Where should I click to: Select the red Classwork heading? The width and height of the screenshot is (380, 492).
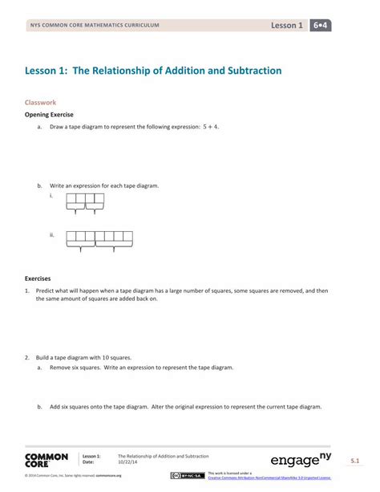tap(41, 103)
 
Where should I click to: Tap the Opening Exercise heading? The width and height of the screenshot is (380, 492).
tap(52, 115)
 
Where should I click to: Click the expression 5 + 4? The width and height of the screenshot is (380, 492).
tap(211, 127)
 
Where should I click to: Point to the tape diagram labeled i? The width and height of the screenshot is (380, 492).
tap(85, 201)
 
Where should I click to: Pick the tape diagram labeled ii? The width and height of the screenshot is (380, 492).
tap(99, 239)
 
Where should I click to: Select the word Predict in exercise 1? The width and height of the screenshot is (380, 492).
tap(46, 291)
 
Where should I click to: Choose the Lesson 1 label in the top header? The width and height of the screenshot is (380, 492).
tap(287, 26)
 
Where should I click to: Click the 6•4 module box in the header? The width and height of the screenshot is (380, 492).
tap(322, 26)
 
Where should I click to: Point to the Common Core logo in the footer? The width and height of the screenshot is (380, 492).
tap(46, 460)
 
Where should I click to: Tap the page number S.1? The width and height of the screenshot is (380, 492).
tap(354, 460)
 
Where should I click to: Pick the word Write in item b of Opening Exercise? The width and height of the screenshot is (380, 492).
tap(58, 185)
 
